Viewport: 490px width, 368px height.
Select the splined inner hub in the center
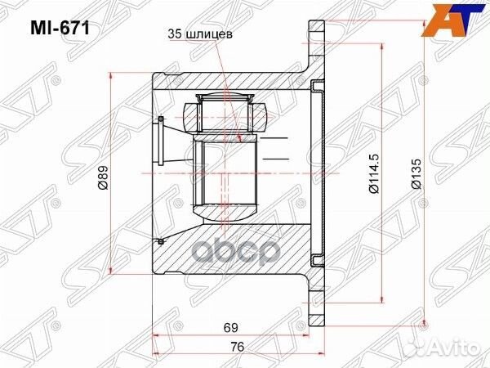tap(225, 174)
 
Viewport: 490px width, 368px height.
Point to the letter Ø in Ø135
tap(416, 192)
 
